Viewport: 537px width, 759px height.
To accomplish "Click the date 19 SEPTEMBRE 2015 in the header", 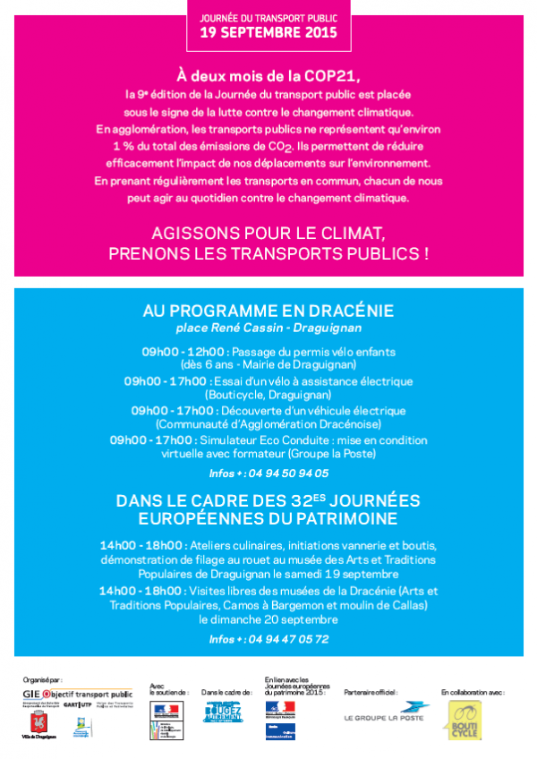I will coord(268,33).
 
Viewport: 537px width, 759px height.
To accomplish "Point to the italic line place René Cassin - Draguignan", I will coord(268,328).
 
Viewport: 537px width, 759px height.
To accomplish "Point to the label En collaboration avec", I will coord(472,692).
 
